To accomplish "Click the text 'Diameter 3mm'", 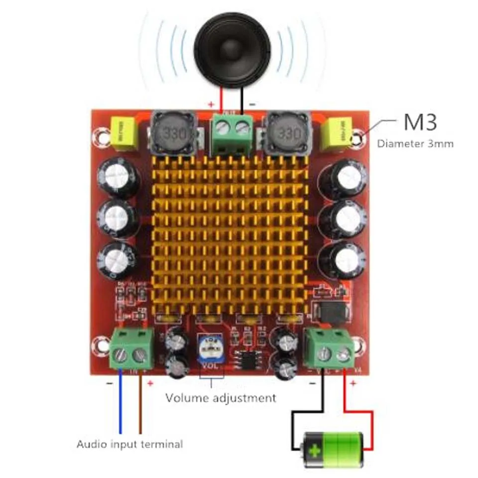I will [x=415, y=144].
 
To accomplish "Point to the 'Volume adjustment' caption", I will [x=221, y=398].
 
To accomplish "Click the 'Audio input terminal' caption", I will [x=129, y=444].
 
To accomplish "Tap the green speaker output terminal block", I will [x=231, y=132].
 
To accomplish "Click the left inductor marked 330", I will [x=172, y=133].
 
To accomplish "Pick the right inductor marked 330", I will [x=287, y=133].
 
